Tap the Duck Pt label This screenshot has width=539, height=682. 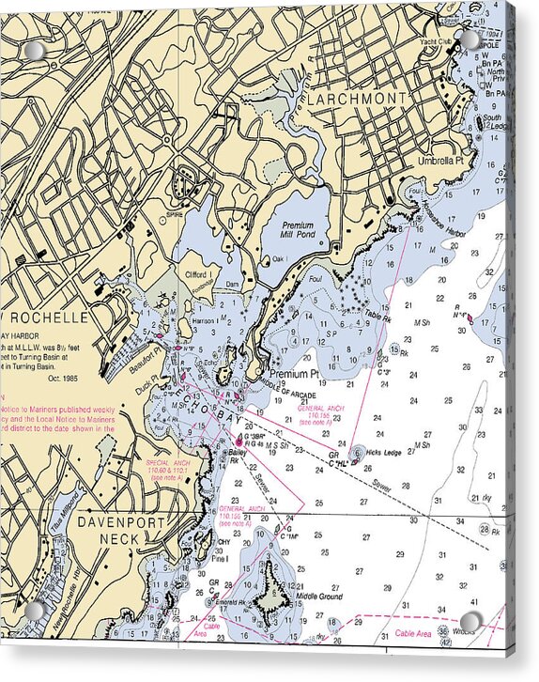[x=149, y=383]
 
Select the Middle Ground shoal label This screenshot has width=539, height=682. [x=319, y=597]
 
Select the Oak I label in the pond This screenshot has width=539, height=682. [x=278, y=259]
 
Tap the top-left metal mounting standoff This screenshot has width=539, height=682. [x=35, y=50]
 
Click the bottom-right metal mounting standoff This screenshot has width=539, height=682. [x=470, y=622]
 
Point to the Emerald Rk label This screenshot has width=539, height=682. [x=226, y=602]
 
